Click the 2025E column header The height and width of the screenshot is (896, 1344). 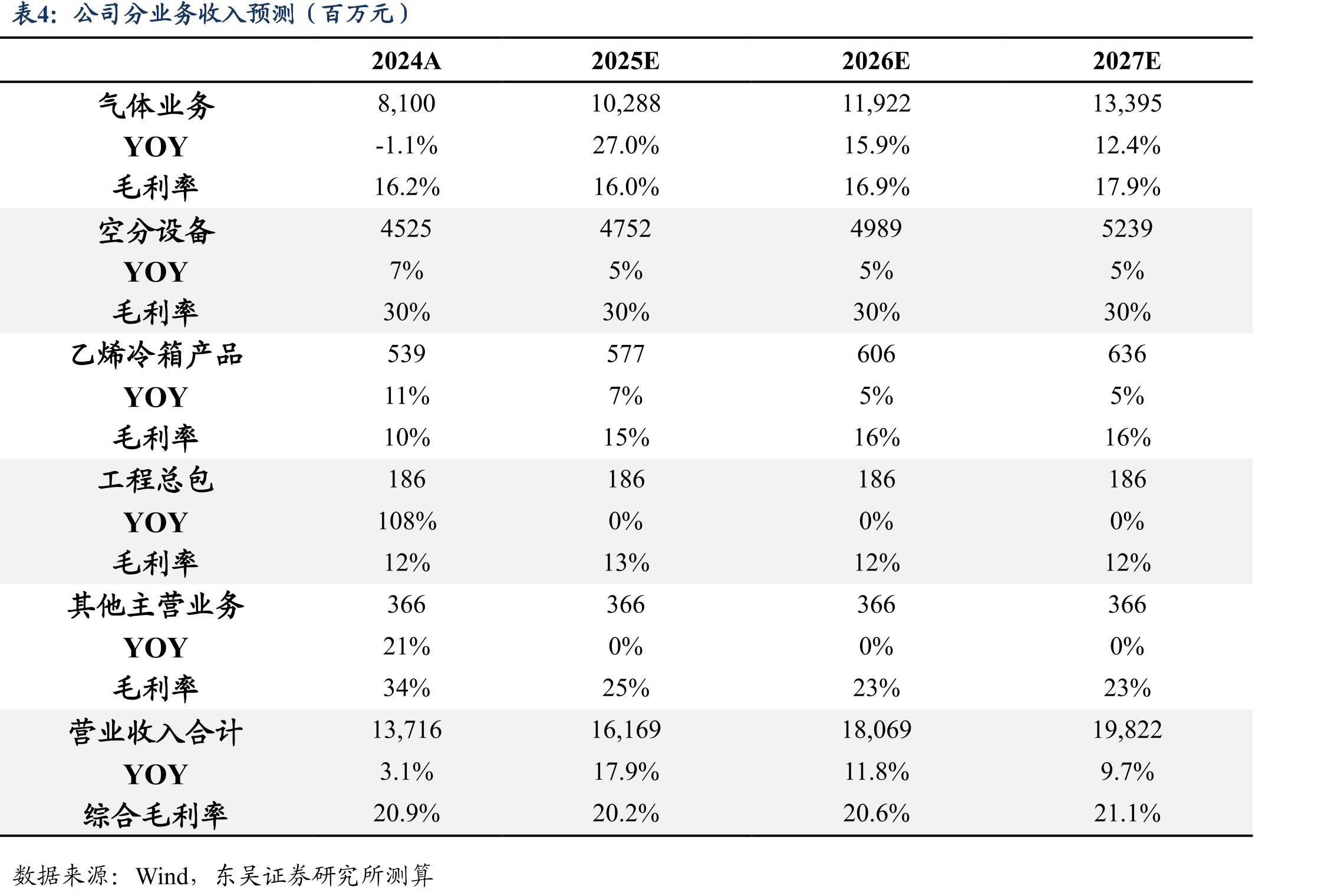click(625, 61)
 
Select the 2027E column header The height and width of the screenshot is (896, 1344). click(1126, 61)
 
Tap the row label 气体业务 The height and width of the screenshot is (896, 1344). click(156, 106)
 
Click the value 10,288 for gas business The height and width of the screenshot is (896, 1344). click(625, 104)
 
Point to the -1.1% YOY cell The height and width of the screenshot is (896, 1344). click(406, 146)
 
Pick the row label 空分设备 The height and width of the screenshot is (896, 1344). click(156, 230)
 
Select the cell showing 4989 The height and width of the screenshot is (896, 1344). click(876, 229)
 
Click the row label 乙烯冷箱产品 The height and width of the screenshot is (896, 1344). click(156, 355)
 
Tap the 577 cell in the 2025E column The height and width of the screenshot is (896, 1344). click(625, 354)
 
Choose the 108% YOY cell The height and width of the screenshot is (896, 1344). click(407, 521)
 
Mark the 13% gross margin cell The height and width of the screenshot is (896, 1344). click(626, 563)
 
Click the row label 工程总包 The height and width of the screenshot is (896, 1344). click(156, 480)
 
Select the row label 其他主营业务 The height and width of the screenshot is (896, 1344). click(156, 605)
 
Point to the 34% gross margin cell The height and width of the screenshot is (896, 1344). click(407, 688)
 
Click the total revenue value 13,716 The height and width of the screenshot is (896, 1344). click(407, 730)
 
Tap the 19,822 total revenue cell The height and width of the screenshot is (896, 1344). click(1127, 730)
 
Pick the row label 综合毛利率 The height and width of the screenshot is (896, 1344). click(156, 815)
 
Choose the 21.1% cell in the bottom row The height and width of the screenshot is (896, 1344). click(1127, 813)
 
